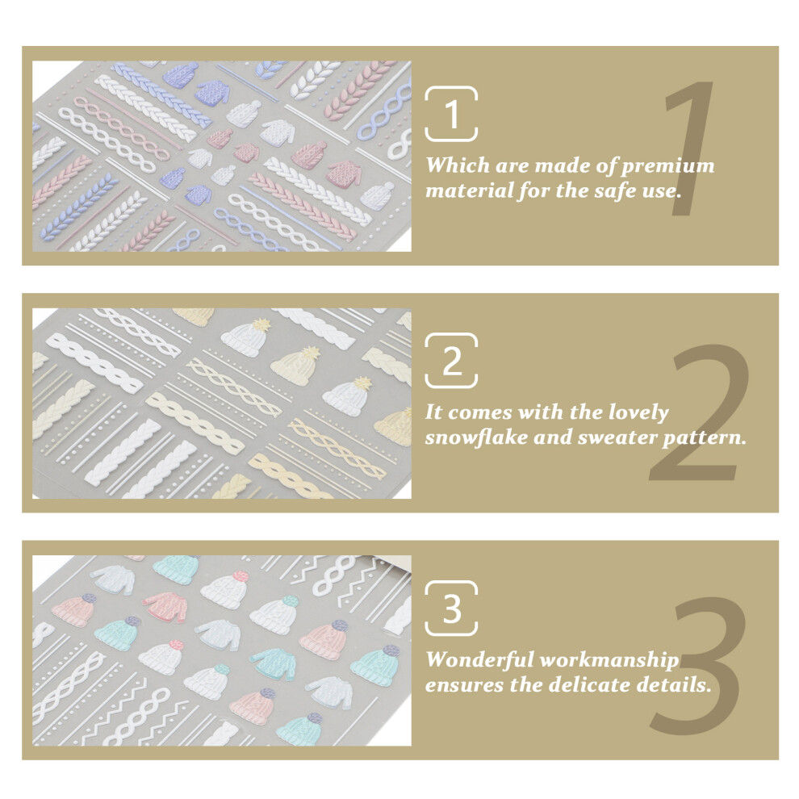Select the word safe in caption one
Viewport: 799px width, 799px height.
click(606, 190)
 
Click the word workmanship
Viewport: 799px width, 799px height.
click(609, 660)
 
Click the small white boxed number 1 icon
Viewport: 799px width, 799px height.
click(451, 113)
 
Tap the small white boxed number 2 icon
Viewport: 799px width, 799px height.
click(451, 360)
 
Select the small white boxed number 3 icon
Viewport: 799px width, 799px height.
click(451, 608)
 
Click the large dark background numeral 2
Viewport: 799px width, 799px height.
click(699, 412)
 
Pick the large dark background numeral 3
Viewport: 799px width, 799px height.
click(697, 664)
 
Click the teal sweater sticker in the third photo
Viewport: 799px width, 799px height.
click(274, 663)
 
